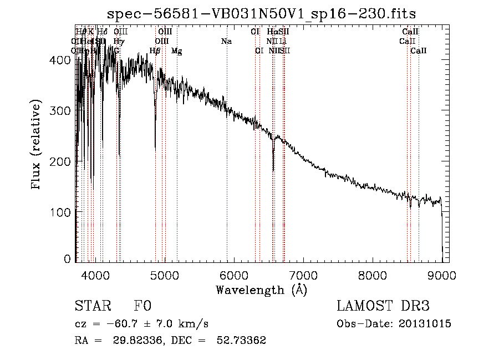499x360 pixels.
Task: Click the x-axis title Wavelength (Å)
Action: tap(261, 290)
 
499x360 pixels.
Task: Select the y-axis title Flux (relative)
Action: tap(37, 145)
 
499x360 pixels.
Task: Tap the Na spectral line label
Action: tap(226, 42)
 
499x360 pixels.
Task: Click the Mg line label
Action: tap(177, 51)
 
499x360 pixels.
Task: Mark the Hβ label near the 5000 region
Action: tap(155, 51)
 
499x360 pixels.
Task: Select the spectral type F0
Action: tap(142, 306)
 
